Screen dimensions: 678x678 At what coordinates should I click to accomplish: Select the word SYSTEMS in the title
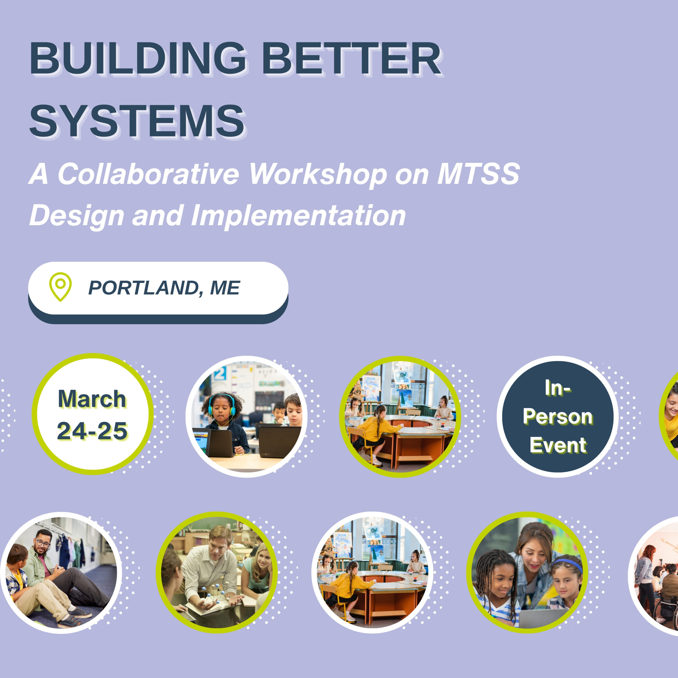[137, 121]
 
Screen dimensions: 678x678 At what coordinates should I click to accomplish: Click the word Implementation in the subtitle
[298, 215]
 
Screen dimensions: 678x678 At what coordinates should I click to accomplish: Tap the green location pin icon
[60, 286]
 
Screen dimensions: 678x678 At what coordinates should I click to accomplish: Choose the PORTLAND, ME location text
[164, 288]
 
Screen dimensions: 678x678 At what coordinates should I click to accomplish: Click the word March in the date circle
[92, 399]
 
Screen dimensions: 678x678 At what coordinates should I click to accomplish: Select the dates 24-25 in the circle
[92, 431]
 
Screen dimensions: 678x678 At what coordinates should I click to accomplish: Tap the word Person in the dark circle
[558, 417]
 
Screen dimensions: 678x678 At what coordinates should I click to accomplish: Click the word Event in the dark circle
[558, 445]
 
